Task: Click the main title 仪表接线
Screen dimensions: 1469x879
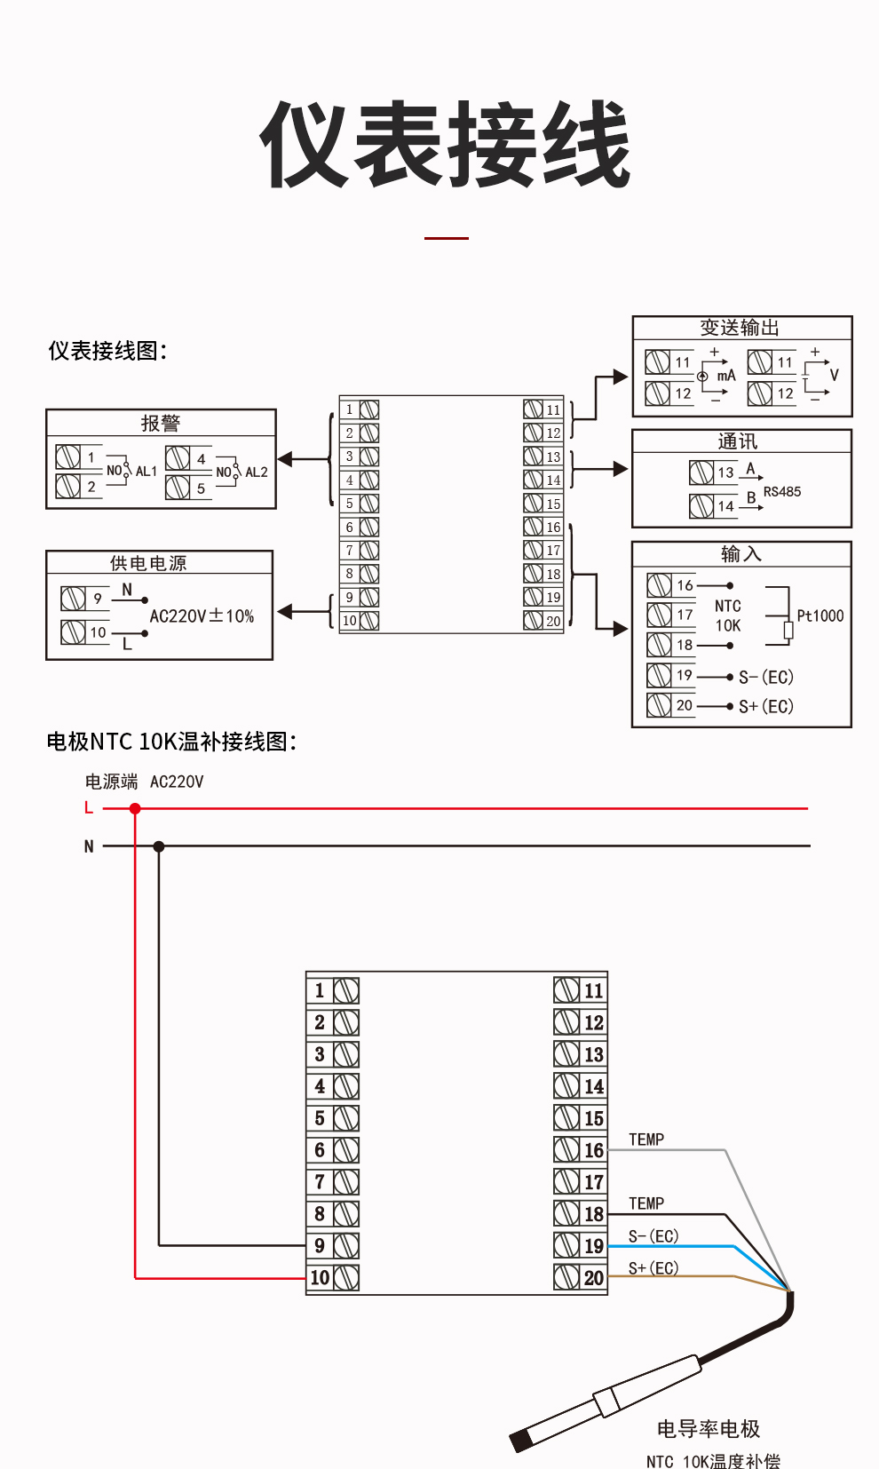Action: click(445, 145)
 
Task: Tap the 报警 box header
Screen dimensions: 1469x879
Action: click(161, 424)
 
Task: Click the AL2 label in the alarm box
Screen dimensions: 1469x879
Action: click(256, 472)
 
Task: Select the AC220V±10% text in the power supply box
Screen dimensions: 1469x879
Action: click(202, 616)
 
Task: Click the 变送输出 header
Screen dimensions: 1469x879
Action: click(740, 328)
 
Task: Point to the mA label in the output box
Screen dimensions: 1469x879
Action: click(726, 376)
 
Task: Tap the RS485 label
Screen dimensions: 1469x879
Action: click(782, 491)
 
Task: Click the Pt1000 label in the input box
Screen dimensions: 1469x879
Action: click(820, 615)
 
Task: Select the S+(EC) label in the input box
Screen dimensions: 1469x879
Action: click(765, 706)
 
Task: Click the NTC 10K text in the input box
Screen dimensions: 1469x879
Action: click(728, 615)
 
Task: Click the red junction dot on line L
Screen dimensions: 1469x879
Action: click(135, 808)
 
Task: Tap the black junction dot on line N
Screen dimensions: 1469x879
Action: click(159, 846)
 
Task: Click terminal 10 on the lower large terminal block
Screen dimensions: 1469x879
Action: click(333, 1278)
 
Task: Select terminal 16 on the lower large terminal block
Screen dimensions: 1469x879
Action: click(580, 1150)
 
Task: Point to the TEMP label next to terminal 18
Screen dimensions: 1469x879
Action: click(646, 1203)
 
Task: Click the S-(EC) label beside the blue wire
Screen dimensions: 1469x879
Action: click(653, 1236)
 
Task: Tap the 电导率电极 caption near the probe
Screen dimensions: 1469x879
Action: click(709, 1429)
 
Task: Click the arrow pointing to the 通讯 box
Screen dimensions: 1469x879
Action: click(619, 469)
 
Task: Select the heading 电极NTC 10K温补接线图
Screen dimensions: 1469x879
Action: click(170, 742)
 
